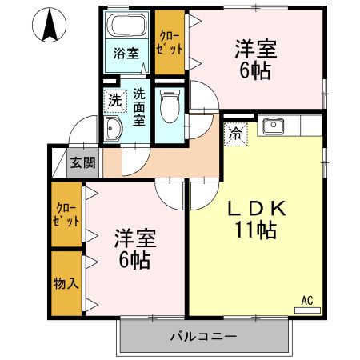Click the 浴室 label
pos(126,54)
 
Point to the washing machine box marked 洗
pos(115,101)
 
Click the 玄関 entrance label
pos(82,162)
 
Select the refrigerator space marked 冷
pos(237,134)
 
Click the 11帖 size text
pos(255,232)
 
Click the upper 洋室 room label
pos(255,49)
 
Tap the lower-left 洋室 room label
pos(134,238)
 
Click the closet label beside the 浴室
pos(169,42)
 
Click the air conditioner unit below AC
pos(307,310)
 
